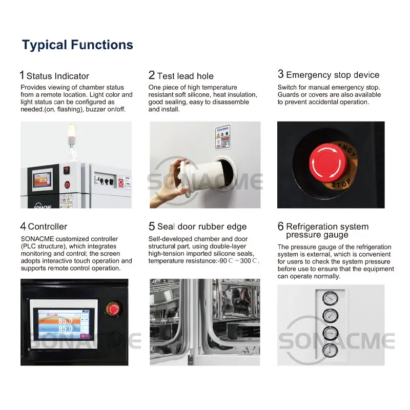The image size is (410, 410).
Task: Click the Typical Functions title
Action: (x=77, y=45)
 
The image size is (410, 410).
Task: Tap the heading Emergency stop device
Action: (x=333, y=75)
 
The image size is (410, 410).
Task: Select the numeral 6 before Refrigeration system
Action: (x=280, y=226)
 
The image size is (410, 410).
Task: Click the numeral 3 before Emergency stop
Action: (x=280, y=75)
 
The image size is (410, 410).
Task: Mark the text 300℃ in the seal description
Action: (x=249, y=261)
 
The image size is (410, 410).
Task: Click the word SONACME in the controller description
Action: (x=36, y=239)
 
